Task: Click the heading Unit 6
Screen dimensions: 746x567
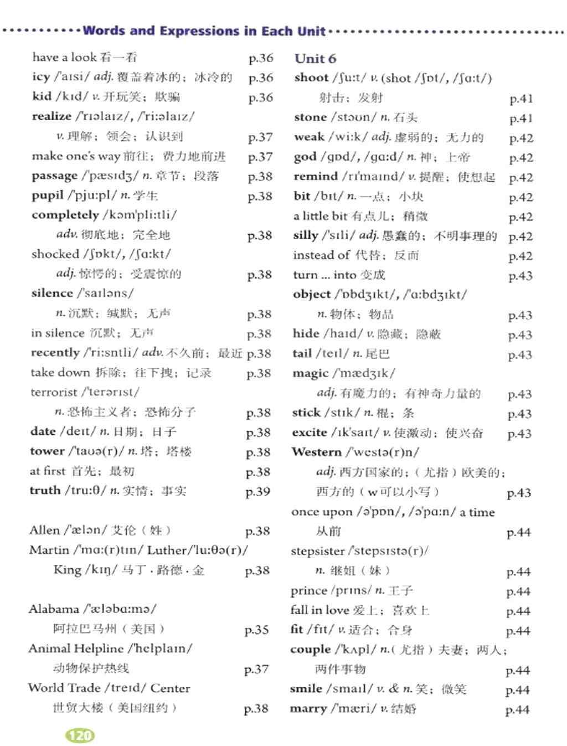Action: tap(315, 59)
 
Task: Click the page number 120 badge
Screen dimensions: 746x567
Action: tap(80, 735)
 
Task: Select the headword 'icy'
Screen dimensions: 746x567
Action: tap(41, 77)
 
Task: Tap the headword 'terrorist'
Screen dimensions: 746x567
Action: tap(54, 392)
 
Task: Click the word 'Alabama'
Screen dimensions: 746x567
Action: tap(54, 609)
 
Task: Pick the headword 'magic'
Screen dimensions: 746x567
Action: tap(310, 373)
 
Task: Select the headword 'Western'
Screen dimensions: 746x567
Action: tap(317, 452)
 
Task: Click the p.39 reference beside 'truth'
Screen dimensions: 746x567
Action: tap(257, 492)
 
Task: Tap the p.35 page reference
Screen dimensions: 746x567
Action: tap(256, 630)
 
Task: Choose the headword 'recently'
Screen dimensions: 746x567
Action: tap(55, 353)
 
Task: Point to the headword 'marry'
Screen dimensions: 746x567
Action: tap(308, 708)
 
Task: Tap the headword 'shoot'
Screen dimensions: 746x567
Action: tap(311, 78)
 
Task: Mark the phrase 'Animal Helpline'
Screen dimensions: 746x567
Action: tap(76, 649)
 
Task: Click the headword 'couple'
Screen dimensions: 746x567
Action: tap(310, 649)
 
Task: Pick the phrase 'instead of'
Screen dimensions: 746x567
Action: tap(321, 255)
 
